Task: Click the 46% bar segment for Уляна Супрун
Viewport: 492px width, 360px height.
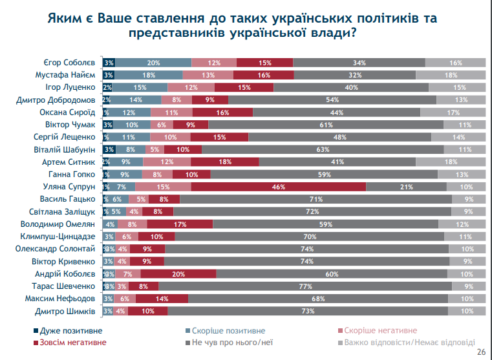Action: (x=279, y=187)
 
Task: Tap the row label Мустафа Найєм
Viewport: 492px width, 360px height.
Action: (x=65, y=75)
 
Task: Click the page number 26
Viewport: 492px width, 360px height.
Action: (x=480, y=352)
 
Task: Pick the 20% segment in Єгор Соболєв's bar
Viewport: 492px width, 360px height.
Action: (x=153, y=63)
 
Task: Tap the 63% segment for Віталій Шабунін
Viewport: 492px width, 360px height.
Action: (x=323, y=149)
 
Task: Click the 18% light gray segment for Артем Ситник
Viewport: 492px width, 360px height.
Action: (x=451, y=162)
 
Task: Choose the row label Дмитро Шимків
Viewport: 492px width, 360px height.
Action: (x=69, y=312)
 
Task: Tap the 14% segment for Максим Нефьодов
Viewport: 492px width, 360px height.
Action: (x=162, y=299)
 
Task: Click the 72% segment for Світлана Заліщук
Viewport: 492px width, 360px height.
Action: (x=312, y=211)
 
